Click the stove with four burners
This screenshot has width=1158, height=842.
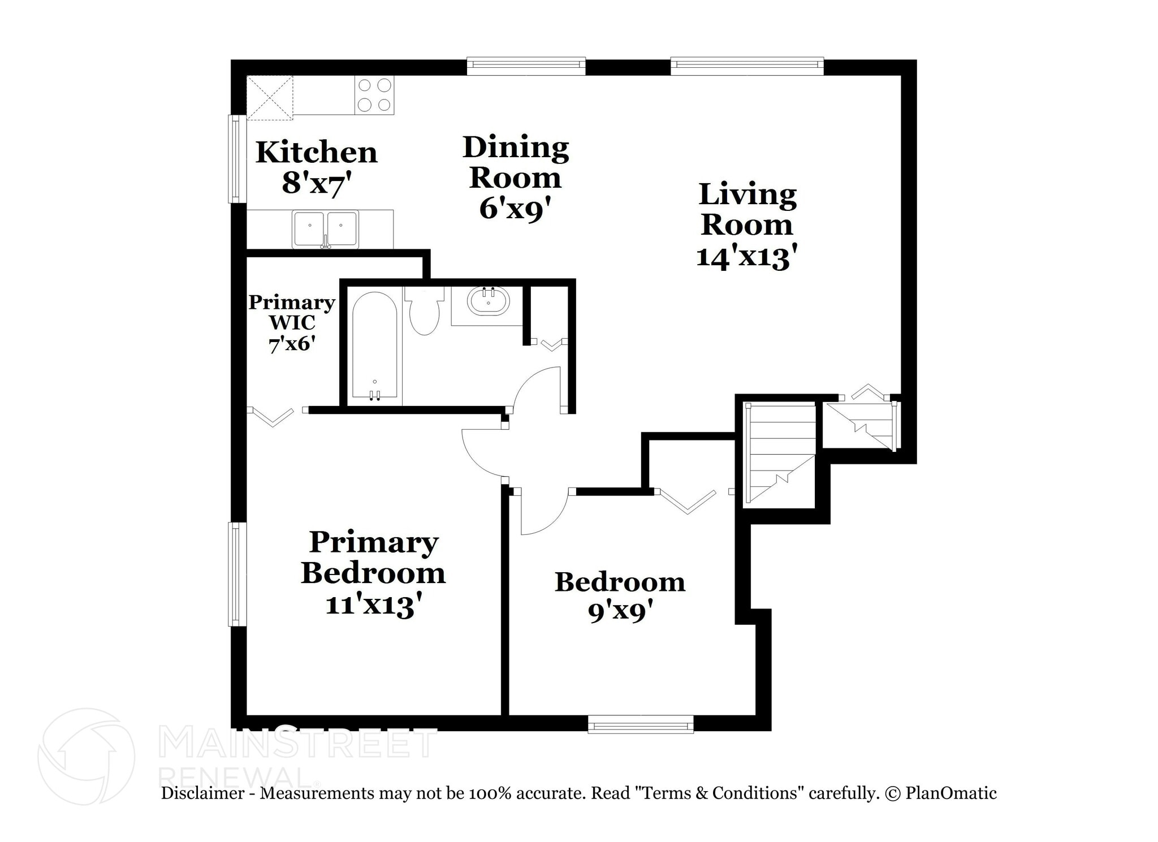(x=374, y=95)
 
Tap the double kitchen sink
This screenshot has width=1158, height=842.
(x=325, y=229)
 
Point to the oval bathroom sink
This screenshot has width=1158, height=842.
(x=489, y=301)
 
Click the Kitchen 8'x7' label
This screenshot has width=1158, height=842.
(x=316, y=167)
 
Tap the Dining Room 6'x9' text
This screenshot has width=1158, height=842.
(x=515, y=178)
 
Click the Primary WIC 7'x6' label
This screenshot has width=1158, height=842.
(x=292, y=323)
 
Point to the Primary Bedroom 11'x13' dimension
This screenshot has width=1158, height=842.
(x=373, y=573)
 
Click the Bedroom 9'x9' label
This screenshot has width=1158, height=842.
(x=620, y=595)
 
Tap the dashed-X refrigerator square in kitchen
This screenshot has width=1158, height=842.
(x=270, y=97)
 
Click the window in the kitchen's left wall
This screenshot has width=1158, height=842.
(x=236, y=158)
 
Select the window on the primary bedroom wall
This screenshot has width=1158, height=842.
(x=236, y=574)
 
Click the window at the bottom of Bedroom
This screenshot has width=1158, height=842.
(x=641, y=724)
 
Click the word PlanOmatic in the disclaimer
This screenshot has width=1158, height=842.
(x=950, y=793)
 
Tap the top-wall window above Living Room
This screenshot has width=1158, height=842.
(x=746, y=66)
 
